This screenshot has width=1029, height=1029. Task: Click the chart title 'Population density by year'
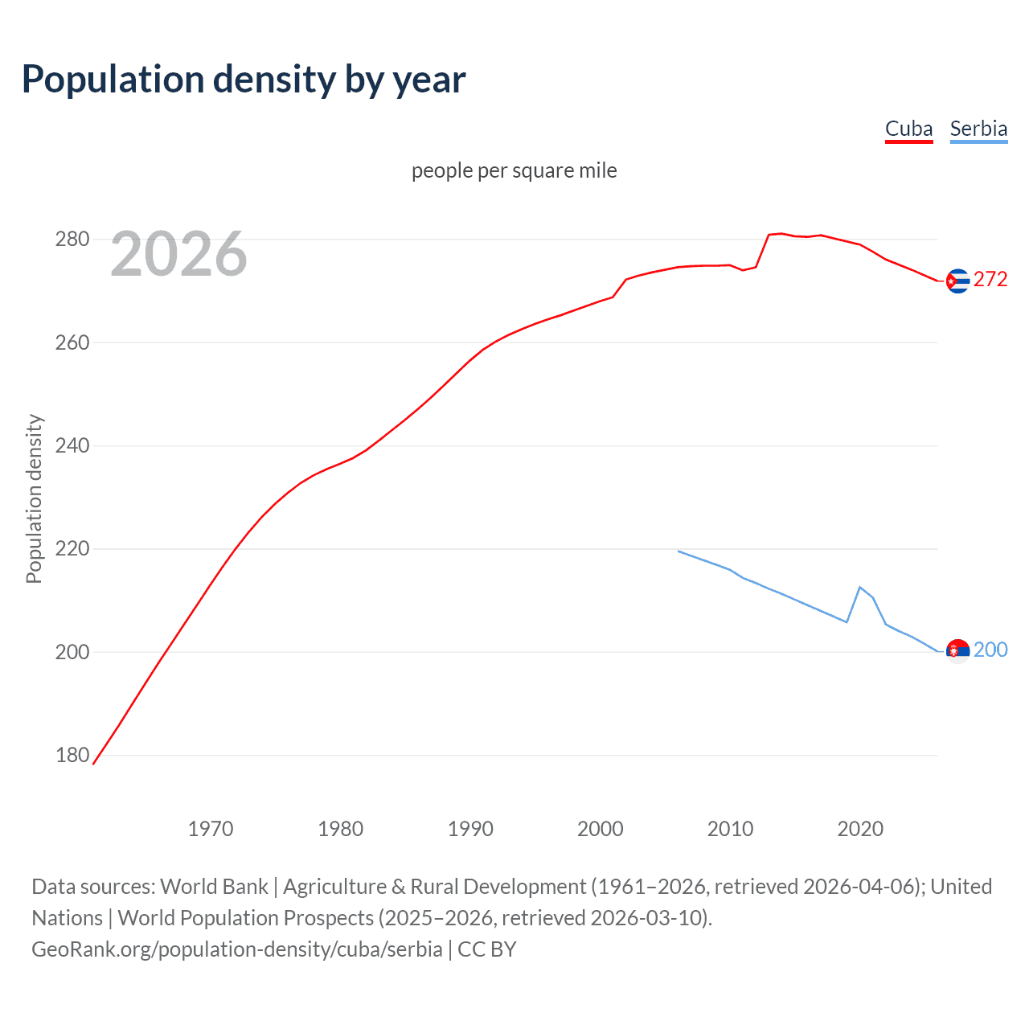(x=244, y=80)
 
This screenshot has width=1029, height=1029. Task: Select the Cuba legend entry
(x=908, y=129)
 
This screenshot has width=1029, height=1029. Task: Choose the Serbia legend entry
(x=978, y=129)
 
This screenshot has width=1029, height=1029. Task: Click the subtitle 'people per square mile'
(x=514, y=170)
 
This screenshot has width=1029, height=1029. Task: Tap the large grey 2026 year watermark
(x=178, y=254)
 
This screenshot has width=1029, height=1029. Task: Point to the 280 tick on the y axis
(x=72, y=240)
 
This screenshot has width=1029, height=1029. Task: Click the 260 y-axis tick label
(x=72, y=342)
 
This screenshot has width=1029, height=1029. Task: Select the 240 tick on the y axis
(x=72, y=445)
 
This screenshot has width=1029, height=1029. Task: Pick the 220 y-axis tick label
(x=72, y=549)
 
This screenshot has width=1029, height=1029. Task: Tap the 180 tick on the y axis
(x=72, y=756)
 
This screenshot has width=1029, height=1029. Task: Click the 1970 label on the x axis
(x=211, y=829)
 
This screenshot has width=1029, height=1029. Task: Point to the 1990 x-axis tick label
(x=470, y=829)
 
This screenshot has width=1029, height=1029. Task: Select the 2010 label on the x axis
(x=730, y=829)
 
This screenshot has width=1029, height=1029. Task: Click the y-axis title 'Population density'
(x=34, y=498)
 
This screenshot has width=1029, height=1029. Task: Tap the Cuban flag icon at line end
(x=957, y=281)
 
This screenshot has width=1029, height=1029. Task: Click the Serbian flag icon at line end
(x=957, y=651)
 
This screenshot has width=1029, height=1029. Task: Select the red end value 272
(x=990, y=279)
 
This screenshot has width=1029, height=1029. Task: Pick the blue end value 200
(x=990, y=650)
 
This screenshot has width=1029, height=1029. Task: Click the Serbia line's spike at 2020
(x=860, y=587)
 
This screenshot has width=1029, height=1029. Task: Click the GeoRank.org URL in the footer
(x=237, y=949)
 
